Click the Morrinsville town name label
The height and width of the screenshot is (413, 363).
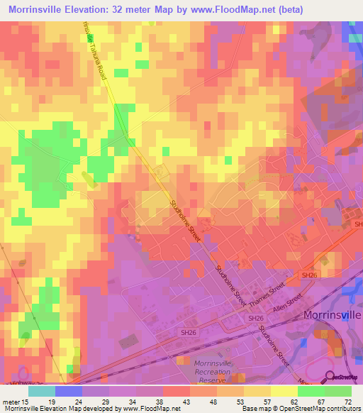tap(333, 314)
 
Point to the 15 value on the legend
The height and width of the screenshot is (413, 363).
tap(26, 401)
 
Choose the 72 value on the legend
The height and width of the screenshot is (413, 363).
tap(347, 401)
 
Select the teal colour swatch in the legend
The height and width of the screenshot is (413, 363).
tap(42, 391)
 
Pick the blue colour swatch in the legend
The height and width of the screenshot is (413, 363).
tap(69, 391)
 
